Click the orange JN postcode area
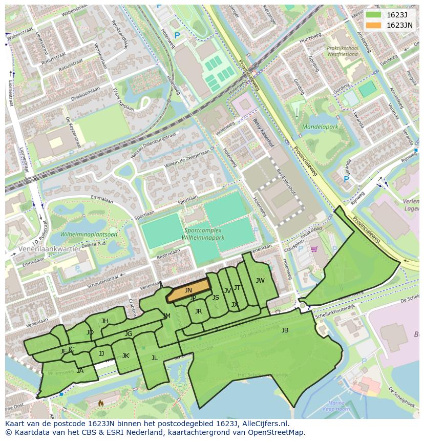point(188,290)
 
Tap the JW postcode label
point(260,280)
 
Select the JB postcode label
point(285,330)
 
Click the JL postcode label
point(154,358)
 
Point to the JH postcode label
point(104,321)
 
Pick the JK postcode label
point(125,356)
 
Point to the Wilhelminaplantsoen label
point(89,234)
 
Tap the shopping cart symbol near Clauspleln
point(313,249)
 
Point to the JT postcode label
point(237,288)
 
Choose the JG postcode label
point(128,334)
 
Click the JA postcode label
point(80,370)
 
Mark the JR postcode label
point(198,311)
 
